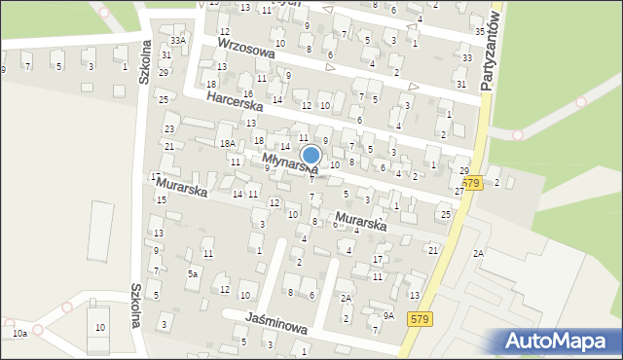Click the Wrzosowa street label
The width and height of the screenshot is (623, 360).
coord(246,50)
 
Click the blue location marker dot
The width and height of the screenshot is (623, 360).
coord(311,155)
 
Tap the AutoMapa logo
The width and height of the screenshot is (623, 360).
coord(561,342)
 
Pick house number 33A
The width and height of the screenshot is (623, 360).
coord(177,40)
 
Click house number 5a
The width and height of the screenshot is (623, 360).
coord(193,274)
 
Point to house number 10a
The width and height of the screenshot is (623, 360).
coord(19,334)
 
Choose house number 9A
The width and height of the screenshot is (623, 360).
coord(387,315)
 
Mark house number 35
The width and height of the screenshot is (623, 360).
coord(480,32)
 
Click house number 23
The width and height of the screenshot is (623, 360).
coord(169,128)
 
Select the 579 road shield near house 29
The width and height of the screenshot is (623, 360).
coord(472,182)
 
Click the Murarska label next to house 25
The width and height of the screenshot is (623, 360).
coord(360,221)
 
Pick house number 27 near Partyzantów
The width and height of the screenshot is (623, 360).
coord(459,192)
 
